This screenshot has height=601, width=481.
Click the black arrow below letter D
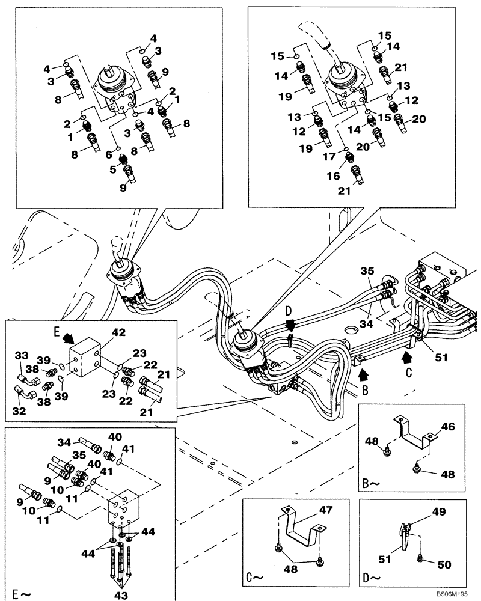290,325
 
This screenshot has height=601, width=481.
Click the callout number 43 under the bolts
121,594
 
